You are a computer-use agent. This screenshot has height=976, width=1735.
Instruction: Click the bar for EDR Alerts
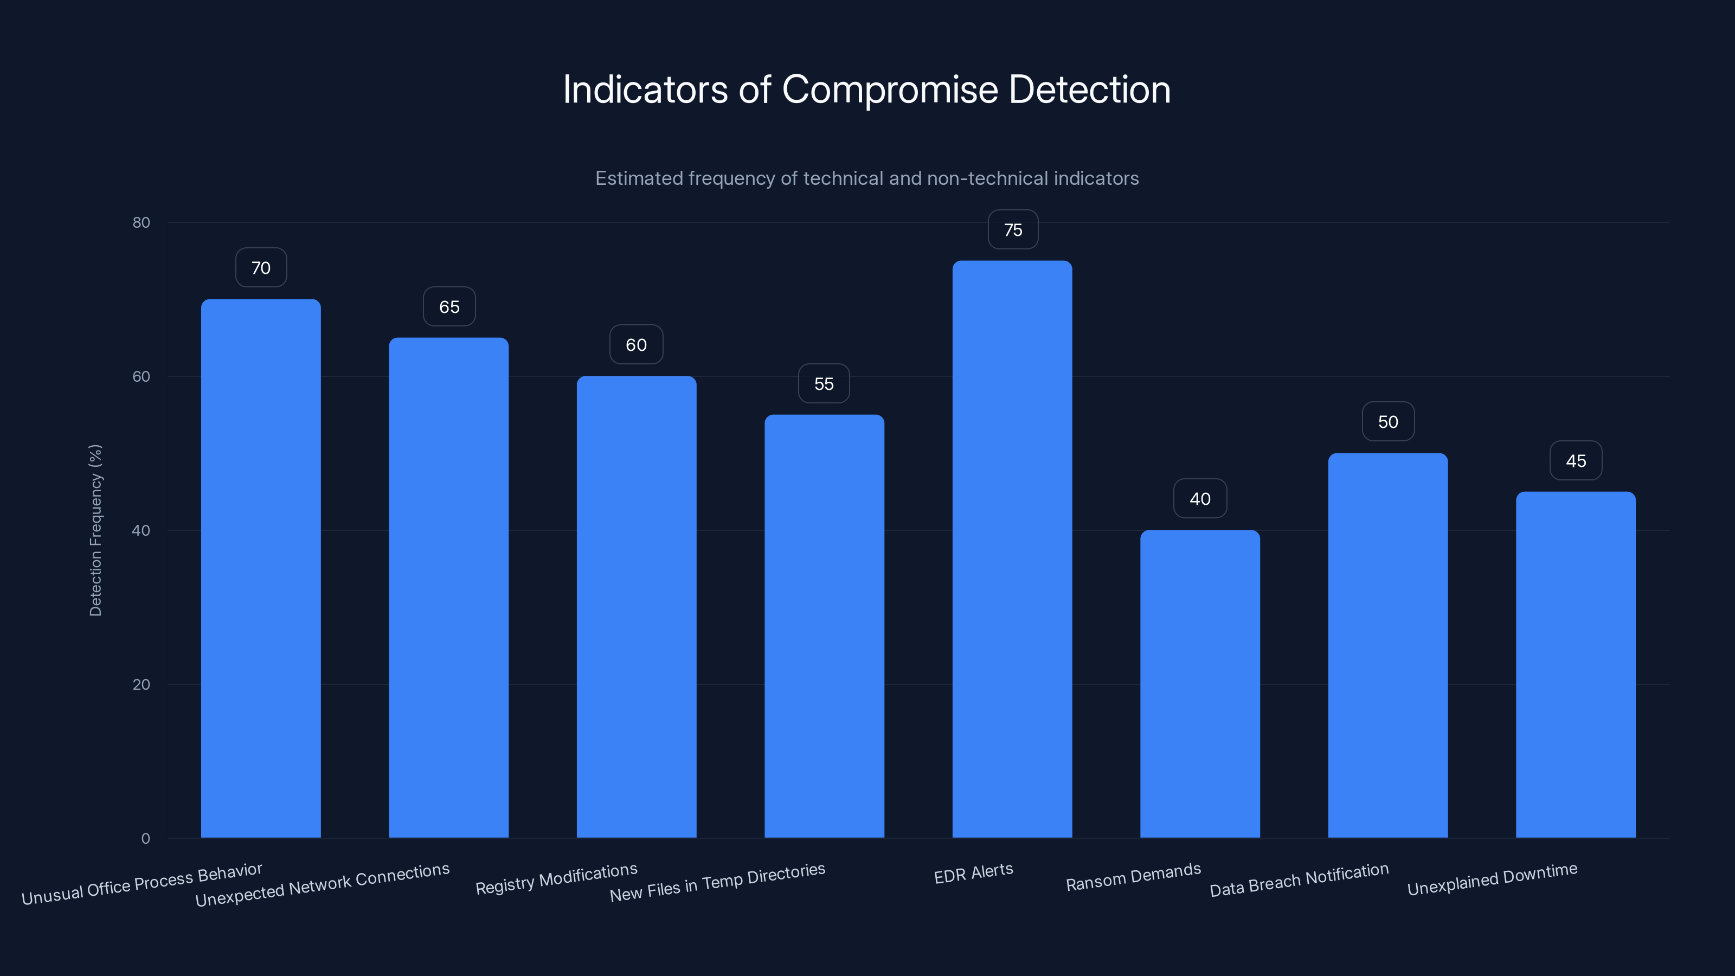click(x=1012, y=549)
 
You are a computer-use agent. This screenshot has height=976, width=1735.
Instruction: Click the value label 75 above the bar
click(x=1012, y=230)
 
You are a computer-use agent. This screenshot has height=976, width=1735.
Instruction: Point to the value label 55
click(x=824, y=384)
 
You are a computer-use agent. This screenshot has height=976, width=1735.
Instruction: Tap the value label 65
click(x=449, y=307)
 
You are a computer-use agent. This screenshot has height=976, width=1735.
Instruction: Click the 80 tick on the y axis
click(x=142, y=223)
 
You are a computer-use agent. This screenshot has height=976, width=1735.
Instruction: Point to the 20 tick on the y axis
click(x=142, y=684)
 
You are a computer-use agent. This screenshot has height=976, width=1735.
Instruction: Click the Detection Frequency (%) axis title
click(x=95, y=530)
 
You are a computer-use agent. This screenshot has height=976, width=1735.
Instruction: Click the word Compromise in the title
click(x=889, y=89)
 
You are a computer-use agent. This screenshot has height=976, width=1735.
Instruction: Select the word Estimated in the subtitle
click(x=638, y=178)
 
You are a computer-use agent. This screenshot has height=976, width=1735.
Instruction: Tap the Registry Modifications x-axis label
click(x=556, y=879)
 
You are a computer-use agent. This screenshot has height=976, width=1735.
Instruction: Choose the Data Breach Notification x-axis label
click(x=1299, y=879)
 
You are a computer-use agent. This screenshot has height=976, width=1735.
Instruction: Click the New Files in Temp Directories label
click(x=717, y=882)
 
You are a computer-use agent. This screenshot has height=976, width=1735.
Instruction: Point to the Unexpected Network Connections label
click(x=322, y=884)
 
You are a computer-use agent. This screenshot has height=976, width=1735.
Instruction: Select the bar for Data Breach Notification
click(x=1387, y=645)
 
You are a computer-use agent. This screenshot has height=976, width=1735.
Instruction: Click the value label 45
click(x=1576, y=461)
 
